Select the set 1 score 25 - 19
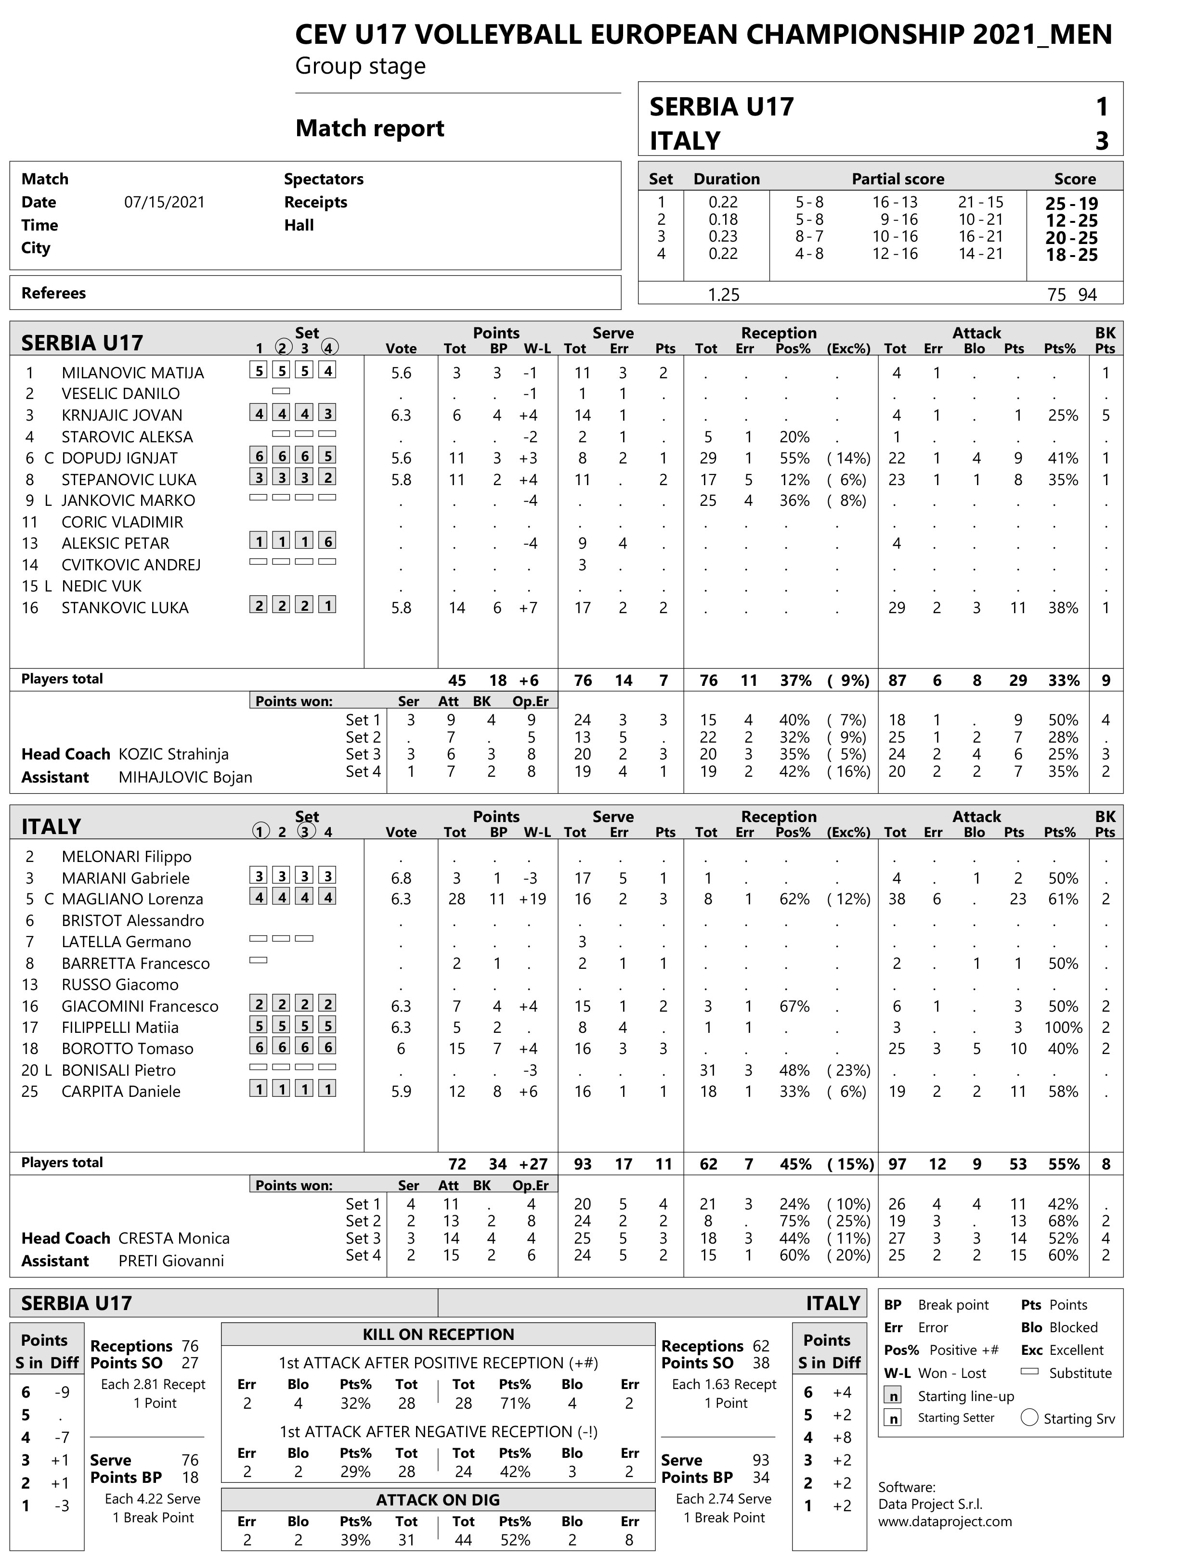click(x=1071, y=203)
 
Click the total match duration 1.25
click(x=723, y=294)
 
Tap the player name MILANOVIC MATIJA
click(x=132, y=373)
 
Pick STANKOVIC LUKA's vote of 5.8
click(x=401, y=608)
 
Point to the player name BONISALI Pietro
click(x=118, y=1070)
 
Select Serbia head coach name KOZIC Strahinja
click(x=173, y=754)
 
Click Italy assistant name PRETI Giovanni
click(x=171, y=1260)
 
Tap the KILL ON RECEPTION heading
click(x=438, y=1335)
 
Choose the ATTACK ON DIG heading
click(x=438, y=1500)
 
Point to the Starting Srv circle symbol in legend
click(x=1029, y=1418)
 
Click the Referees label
click(x=53, y=293)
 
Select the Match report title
click(x=369, y=128)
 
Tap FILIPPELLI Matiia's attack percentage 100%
click(x=1063, y=1028)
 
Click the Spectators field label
click(x=324, y=179)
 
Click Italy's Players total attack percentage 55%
click(x=1063, y=1164)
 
